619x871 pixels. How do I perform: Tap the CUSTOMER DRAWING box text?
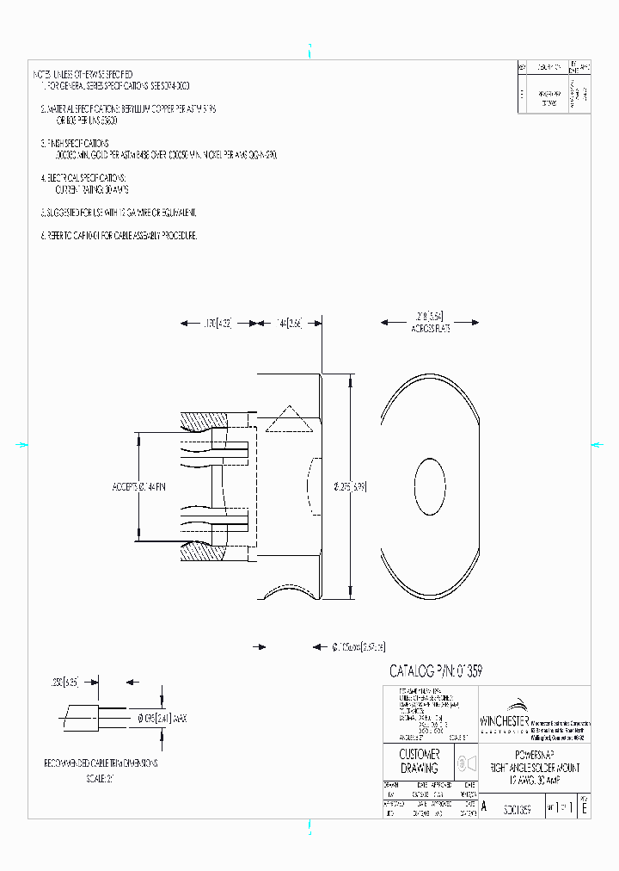click(419, 761)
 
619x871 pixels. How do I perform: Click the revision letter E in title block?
click(585, 809)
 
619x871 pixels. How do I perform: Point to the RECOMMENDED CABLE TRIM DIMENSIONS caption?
click(101, 763)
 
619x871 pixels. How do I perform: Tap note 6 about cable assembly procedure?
click(119, 235)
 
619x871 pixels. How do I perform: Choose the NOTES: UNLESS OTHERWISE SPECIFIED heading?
click(83, 75)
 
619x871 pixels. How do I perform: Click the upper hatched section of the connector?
click(205, 422)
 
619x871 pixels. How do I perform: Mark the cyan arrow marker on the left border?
click(22, 445)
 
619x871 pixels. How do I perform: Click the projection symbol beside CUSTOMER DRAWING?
click(464, 762)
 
